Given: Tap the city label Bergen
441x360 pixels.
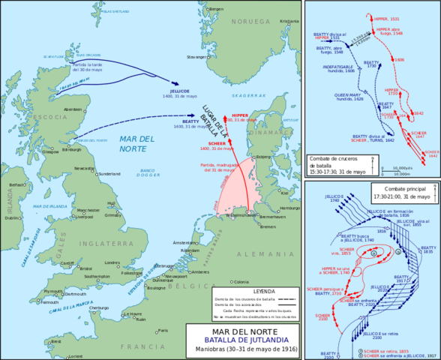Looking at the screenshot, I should click(215, 8).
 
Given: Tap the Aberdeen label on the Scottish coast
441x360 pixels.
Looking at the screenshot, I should click(73, 109).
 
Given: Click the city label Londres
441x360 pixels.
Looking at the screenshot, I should click(112, 262).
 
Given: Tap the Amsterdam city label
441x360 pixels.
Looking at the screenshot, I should click(184, 243).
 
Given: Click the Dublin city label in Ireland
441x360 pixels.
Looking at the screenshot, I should click(12, 217).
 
